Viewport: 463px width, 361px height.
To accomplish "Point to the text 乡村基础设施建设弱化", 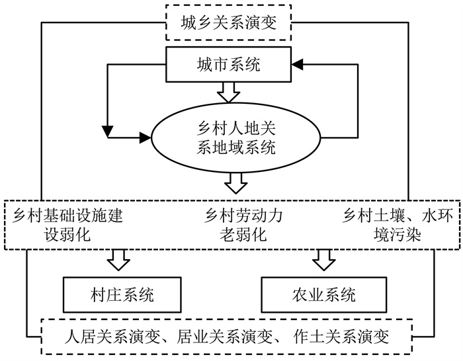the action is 67,225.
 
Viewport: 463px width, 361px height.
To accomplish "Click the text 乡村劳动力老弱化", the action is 243,225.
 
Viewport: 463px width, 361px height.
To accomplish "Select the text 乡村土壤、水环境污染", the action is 398,225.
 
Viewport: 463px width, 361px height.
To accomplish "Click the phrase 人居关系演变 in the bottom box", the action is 112,337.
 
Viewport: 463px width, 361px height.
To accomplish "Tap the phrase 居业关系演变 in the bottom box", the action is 224,337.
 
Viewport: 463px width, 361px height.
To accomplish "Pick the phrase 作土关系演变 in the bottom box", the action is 341,337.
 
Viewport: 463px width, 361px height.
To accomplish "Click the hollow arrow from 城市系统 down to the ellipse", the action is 229,93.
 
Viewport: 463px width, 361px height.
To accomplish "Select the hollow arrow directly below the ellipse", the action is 235,183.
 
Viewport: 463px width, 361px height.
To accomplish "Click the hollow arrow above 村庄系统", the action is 118,260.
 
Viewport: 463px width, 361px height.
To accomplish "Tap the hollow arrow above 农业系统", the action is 324,260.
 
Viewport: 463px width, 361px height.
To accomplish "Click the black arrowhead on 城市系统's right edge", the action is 297,64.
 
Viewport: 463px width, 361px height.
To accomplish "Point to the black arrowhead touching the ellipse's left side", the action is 146,138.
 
